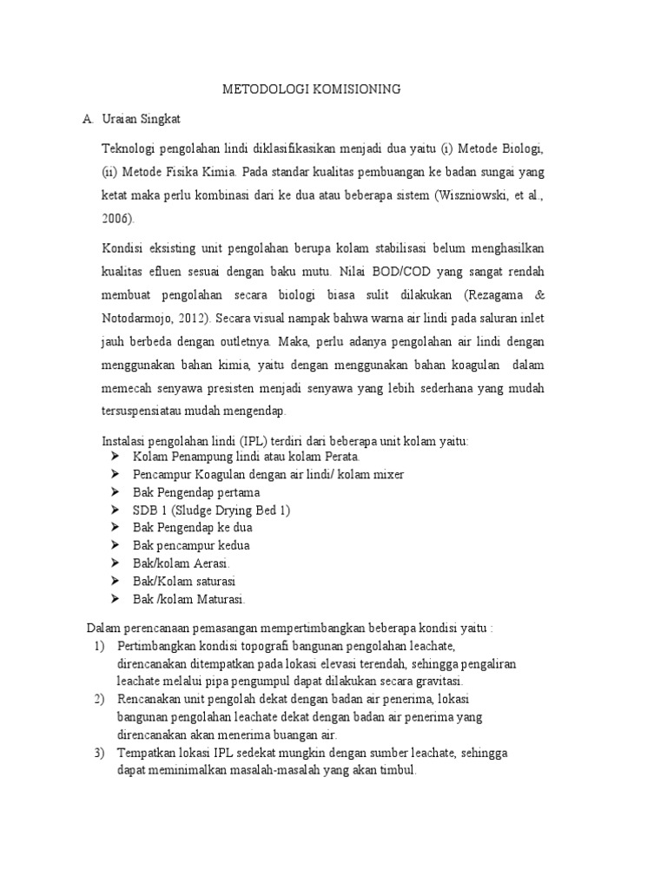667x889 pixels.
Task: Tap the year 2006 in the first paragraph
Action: click(x=116, y=219)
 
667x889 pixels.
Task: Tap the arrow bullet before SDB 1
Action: click(x=116, y=510)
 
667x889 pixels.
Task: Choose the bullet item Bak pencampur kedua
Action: click(x=191, y=545)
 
